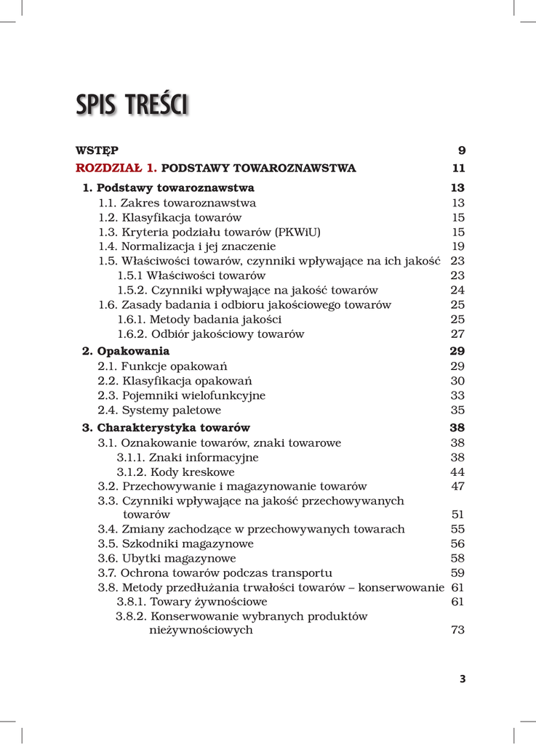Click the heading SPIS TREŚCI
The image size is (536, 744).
click(132, 104)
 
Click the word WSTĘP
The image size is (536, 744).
click(97, 151)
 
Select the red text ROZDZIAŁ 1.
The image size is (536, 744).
click(116, 169)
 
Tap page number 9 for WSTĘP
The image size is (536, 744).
click(461, 151)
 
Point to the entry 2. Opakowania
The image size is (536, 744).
click(126, 351)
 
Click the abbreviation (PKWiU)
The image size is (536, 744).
click(297, 232)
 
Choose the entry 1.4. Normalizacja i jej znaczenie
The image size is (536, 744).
click(187, 247)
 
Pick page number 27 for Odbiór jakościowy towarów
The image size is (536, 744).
click(457, 334)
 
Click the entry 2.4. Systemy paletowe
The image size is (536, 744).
click(159, 411)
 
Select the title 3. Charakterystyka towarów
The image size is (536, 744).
click(166, 428)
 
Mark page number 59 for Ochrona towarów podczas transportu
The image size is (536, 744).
click(457, 573)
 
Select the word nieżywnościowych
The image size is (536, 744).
click(201, 631)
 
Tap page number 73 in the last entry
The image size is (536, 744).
click(457, 631)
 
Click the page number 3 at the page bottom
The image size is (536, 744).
click(462, 679)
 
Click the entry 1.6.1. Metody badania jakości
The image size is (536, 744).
click(199, 320)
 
